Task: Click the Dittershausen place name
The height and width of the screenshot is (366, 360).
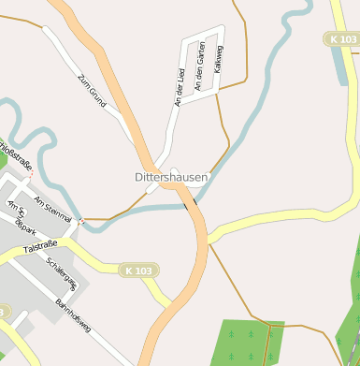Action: [x=171, y=176]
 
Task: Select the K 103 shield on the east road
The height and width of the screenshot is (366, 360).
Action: [x=342, y=39]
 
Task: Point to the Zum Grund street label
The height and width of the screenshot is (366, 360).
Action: [x=94, y=89]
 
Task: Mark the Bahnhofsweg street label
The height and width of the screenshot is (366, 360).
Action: [x=73, y=314]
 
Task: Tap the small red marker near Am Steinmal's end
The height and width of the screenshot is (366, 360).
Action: [x=81, y=221]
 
